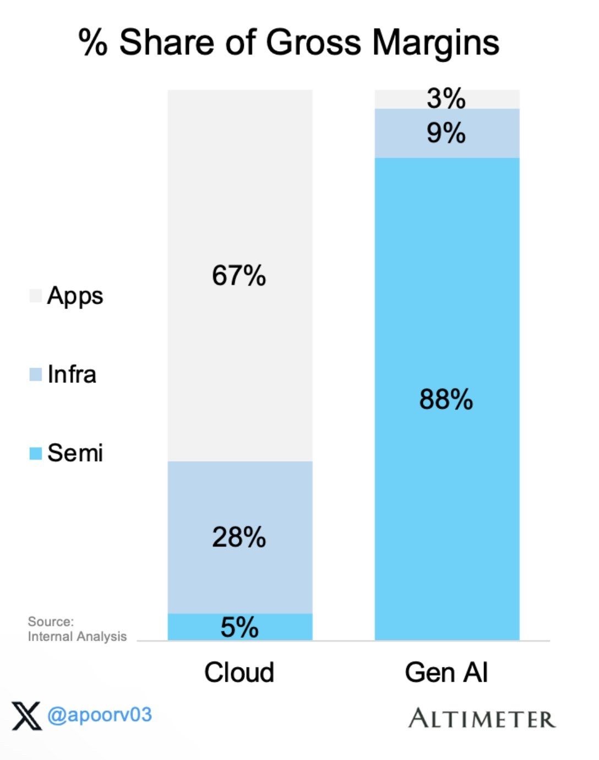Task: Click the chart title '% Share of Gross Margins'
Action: (x=288, y=42)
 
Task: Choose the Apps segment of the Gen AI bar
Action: (x=396, y=99)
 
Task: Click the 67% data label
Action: (x=239, y=275)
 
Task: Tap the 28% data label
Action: (x=239, y=537)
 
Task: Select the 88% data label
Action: (x=446, y=400)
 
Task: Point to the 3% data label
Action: (x=446, y=99)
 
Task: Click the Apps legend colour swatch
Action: (x=35, y=296)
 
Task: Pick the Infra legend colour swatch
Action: (x=35, y=375)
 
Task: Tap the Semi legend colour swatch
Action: (x=35, y=453)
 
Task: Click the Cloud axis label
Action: (x=239, y=672)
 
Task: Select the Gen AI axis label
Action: (x=446, y=672)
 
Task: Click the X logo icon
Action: (x=26, y=715)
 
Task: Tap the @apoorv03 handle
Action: (x=99, y=715)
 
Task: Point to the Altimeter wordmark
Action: (x=482, y=719)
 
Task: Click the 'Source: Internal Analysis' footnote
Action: (x=77, y=629)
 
